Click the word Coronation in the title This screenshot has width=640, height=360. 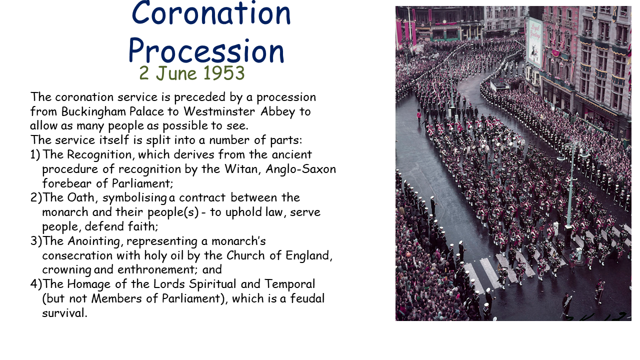coord(211,13)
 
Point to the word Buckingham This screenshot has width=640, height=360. coord(93,111)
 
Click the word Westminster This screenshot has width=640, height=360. coord(219,111)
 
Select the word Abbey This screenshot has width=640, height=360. coord(277,111)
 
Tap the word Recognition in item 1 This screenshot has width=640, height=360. coord(99,155)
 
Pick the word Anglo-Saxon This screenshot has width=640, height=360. coord(300,169)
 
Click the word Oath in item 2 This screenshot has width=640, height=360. coord(81,197)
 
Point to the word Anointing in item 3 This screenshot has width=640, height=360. coord(93,241)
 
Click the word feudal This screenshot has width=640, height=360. coord(307,298)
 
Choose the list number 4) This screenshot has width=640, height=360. coord(36,284)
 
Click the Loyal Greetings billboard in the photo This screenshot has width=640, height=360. coord(534,42)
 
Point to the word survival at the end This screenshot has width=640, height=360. coord(64,313)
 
